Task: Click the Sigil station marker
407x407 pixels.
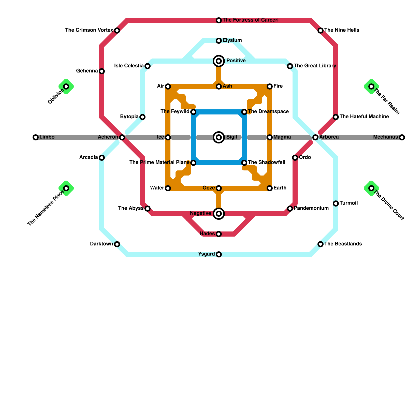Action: (x=219, y=137)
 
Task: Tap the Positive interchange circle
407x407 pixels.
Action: (x=219, y=61)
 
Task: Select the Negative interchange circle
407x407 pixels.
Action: (x=219, y=214)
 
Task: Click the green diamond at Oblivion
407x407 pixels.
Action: (x=66, y=86)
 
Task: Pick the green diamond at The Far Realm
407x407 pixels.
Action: (x=371, y=86)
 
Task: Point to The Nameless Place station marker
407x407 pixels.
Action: (x=66, y=188)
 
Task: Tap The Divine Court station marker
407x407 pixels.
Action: (x=371, y=188)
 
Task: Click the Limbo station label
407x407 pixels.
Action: (x=47, y=137)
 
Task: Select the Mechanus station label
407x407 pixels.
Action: (x=385, y=137)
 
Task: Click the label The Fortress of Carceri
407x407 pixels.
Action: (x=250, y=20)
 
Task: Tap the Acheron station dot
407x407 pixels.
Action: (x=122, y=137)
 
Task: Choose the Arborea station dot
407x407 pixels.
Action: (x=315, y=137)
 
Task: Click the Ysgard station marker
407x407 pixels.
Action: (x=219, y=254)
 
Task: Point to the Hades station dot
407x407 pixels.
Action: (x=219, y=234)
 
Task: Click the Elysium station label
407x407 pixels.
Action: (x=232, y=40)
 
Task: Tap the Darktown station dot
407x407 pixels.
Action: (x=117, y=244)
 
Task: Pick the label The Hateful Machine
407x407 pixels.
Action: (x=364, y=117)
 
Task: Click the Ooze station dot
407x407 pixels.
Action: (x=219, y=188)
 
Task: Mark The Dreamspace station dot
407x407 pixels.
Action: (x=244, y=112)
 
